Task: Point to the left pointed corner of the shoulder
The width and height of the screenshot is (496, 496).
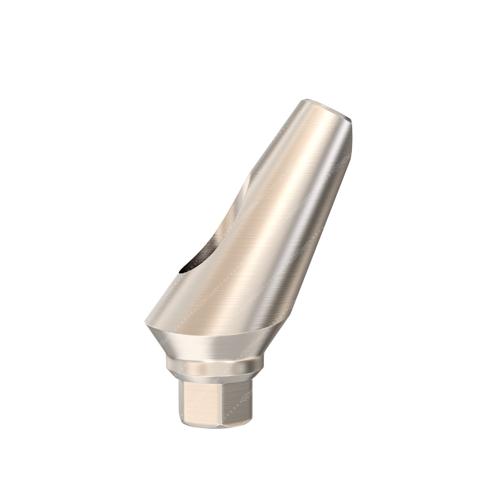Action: coord(146,323)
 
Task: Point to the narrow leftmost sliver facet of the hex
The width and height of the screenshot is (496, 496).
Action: coord(182,402)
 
